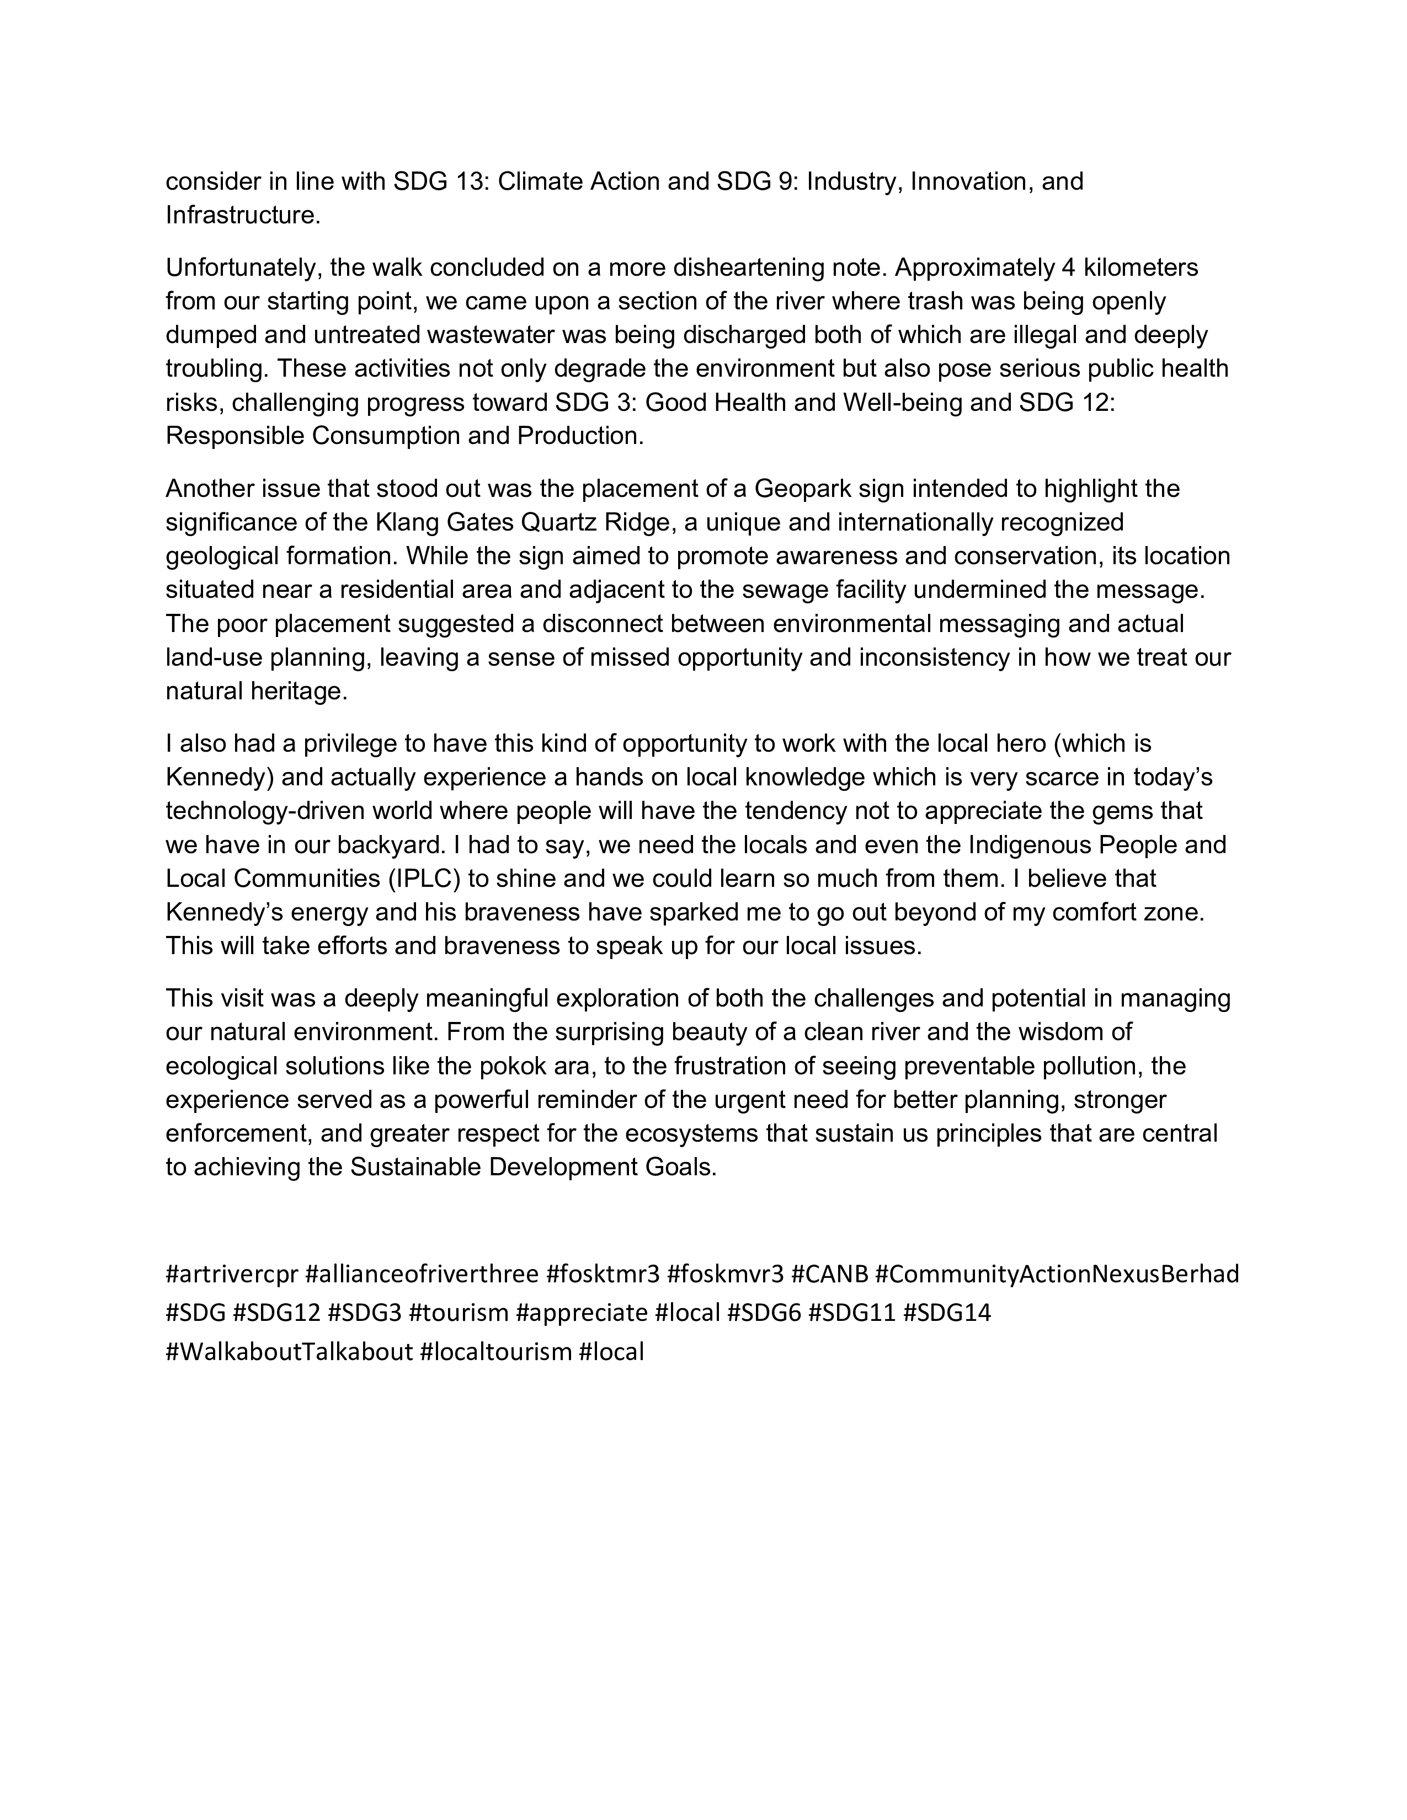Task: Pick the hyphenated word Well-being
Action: click(910, 403)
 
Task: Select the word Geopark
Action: click(802, 488)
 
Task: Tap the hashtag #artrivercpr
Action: click(232, 1274)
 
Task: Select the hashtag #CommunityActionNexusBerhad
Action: click(1057, 1274)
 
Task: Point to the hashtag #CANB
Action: click(829, 1274)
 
